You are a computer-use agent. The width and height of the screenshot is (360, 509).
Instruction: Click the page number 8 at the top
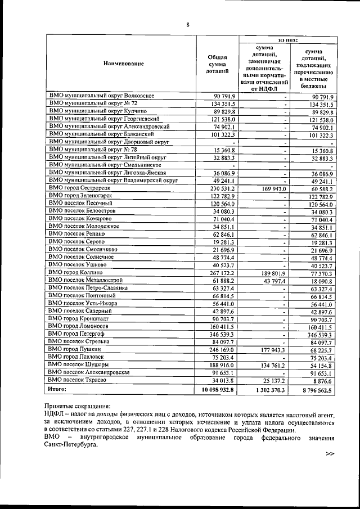[x=188, y=24]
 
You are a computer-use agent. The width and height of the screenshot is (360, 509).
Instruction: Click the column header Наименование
[x=123, y=63]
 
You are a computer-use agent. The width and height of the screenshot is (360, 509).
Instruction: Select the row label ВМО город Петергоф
[x=79, y=334]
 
